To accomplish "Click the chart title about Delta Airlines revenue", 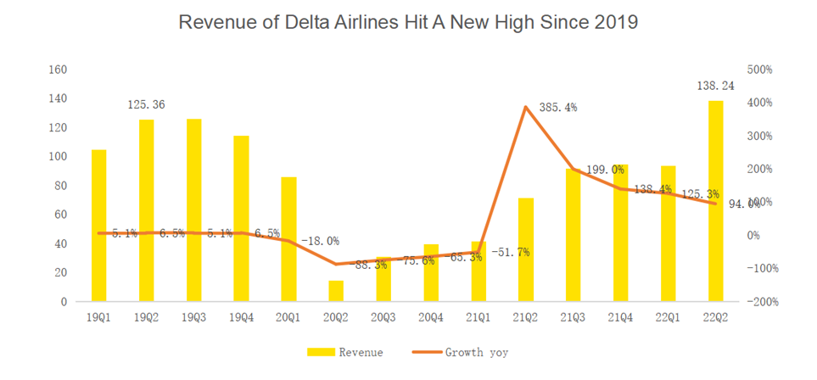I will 408,23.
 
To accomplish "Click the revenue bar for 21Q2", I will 526,250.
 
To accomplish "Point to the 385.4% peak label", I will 558,108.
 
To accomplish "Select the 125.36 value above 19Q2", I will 146,105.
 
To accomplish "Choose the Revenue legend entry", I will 350,352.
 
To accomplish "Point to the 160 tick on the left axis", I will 58,70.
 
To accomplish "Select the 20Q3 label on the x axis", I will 383,317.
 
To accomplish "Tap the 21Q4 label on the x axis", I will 621,317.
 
